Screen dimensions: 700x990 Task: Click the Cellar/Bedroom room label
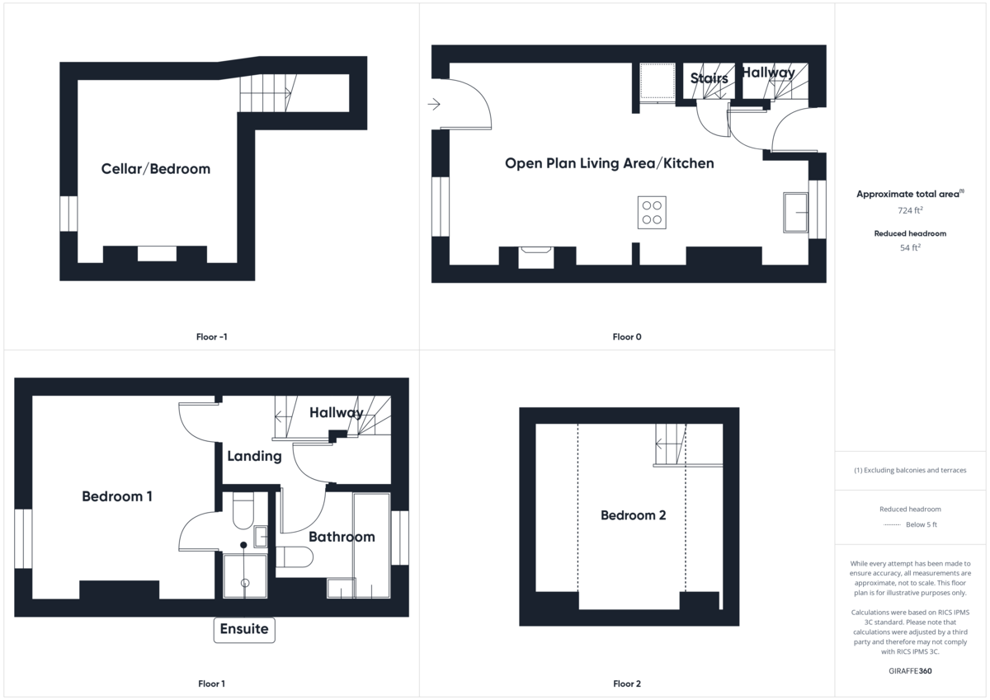[155, 169]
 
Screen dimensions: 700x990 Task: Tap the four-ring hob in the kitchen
[652, 212]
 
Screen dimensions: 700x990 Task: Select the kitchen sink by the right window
[796, 213]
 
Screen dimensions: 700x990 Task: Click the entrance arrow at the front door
[435, 104]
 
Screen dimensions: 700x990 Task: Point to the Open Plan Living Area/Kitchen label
[609, 163]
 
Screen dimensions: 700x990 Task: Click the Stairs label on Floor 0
[709, 78]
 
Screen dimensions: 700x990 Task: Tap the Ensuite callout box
[244, 629]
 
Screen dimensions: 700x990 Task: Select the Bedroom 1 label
[117, 496]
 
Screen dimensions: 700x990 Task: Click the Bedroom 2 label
[633, 515]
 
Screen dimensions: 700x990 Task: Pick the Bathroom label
[342, 537]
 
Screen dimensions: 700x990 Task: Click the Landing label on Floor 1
[254, 456]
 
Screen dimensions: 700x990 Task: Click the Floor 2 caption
[627, 684]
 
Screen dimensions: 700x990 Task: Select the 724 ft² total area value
[910, 210]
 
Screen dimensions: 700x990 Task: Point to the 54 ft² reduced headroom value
[910, 247]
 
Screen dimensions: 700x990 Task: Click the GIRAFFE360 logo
[910, 671]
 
